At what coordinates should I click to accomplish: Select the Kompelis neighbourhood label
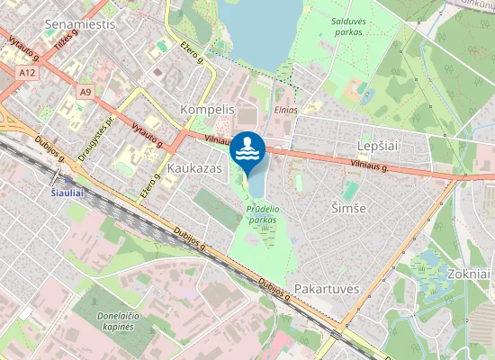click(x=207, y=109)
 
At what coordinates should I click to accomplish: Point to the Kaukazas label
click(x=194, y=167)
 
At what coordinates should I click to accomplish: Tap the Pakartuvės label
click(x=327, y=289)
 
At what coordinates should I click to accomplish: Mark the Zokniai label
click(x=467, y=274)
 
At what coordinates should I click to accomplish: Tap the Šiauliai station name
click(x=68, y=192)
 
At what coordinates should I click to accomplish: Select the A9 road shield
click(x=85, y=92)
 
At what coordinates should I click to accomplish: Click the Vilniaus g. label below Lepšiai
click(x=368, y=165)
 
